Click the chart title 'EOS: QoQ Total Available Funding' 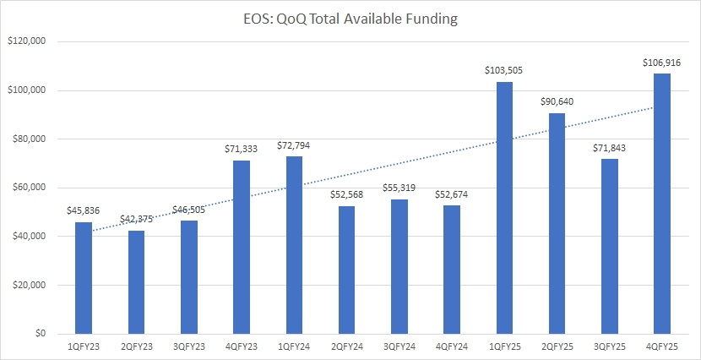[x=350, y=18]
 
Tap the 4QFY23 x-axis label [x=242, y=346]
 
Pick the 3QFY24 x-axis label [x=399, y=346]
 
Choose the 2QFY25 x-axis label [x=557, y=346]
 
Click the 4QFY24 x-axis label [x=453, y=346]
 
